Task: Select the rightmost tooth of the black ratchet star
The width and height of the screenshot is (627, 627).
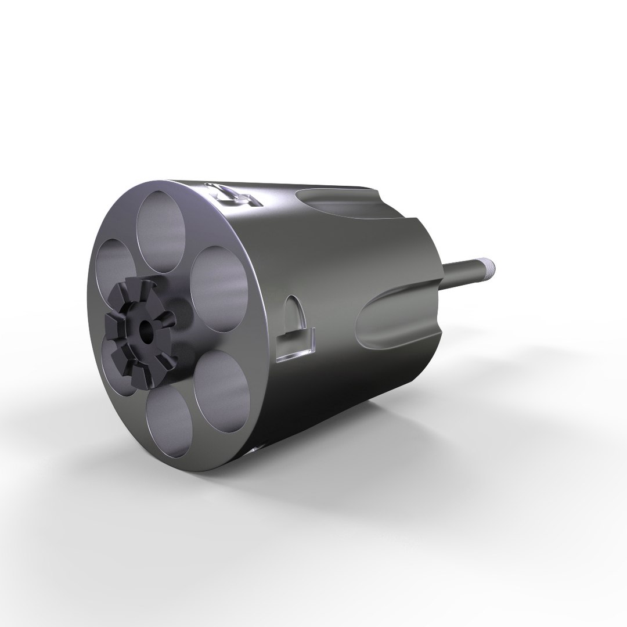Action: coord(169,318)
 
